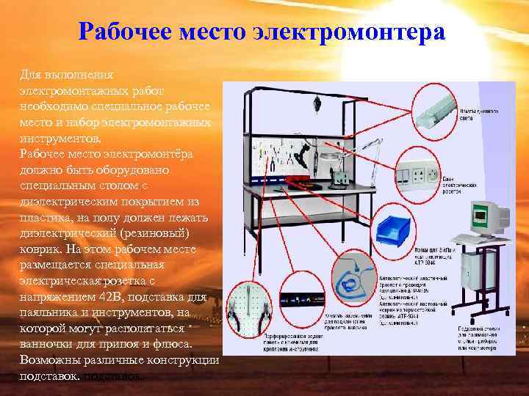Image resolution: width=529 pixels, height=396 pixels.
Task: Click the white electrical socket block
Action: (419, 175)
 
